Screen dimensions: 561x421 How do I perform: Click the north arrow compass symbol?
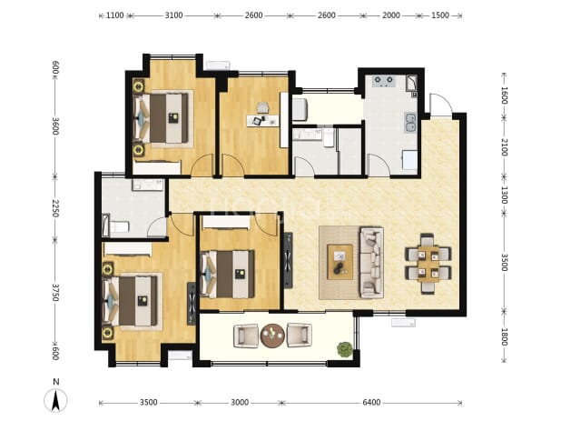(55, 400)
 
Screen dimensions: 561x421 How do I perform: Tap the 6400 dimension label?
(371, 403)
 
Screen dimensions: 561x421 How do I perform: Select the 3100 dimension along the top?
(174, 15)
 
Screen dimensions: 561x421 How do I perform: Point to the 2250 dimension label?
(54, 208)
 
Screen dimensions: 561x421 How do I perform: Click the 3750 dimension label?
(54, 293)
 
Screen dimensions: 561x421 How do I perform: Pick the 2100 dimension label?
(504, 147)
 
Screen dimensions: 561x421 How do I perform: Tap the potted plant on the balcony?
(345, 350)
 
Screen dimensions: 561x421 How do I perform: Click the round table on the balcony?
(272, 336)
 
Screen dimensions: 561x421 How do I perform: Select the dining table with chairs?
(428, 264)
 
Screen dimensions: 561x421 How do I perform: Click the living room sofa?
(371, 262)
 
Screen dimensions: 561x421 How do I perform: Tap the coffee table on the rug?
(340, 262)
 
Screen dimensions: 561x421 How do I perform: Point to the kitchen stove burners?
(383, 81)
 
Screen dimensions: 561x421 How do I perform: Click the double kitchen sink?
(410, 122)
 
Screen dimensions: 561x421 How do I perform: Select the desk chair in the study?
(262, 106)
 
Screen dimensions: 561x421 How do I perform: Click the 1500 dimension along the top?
(440, 15)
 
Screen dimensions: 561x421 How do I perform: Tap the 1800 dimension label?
(504, 336)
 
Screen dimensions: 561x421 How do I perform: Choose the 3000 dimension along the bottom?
(240, 403)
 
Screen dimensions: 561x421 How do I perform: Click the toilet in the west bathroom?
(117, 227)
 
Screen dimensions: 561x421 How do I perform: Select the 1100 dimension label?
(115, 15)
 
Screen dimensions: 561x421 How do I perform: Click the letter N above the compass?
(55, 382)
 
